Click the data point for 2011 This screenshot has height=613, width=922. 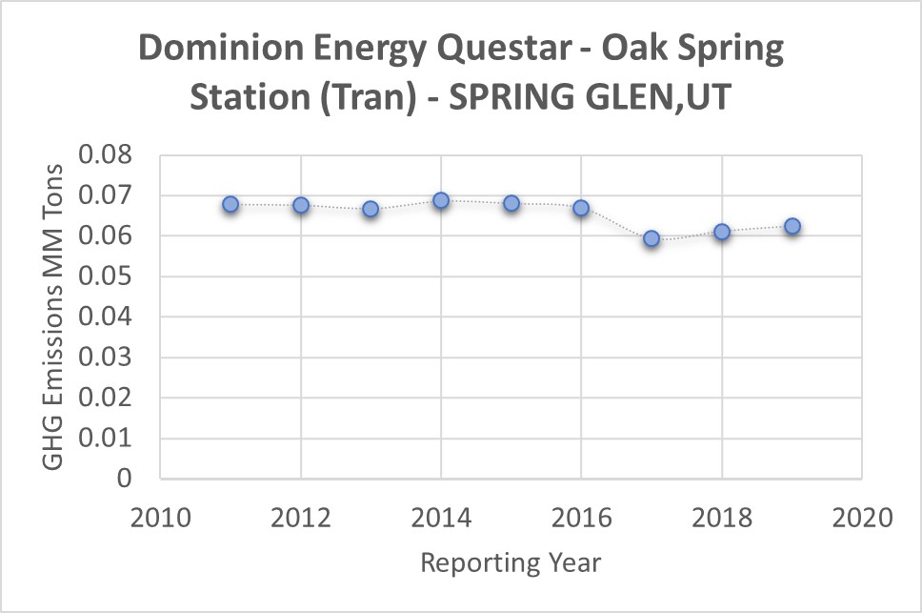[230, 204]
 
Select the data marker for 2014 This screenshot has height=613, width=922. [441, 200]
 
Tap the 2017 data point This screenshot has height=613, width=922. [651, 238]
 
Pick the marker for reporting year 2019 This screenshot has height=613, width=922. [792, 226]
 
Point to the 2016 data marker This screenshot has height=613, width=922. [581, 208]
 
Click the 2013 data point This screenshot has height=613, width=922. [371, 209]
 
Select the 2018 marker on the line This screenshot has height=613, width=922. [722, 232]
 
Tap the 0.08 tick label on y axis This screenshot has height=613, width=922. [107, 155]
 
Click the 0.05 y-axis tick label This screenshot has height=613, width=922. [107, 277]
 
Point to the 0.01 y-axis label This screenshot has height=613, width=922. [107, 439]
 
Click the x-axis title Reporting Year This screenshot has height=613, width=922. [511, 562]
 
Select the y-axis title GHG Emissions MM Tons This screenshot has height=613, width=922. [54, 317]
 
